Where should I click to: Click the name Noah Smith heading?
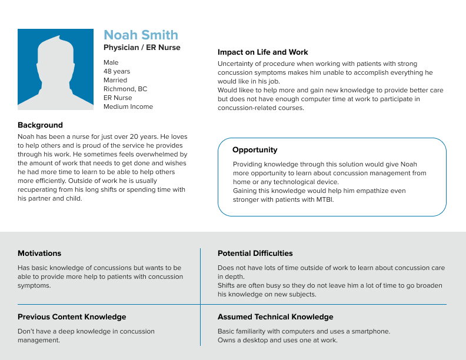(x=141, y=35)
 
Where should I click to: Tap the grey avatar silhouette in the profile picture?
(x=55, y=74)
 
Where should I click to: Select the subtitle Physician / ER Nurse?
(x=142, y=48)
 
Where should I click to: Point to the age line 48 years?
(x=117, y=71)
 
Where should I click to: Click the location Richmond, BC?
(x=125, y=89)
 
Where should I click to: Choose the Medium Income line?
(x=128, y=106)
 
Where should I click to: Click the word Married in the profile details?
(x=115, y=80)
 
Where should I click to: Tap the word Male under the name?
(x=111, y=62)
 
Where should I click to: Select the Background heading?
(x=40, y=125)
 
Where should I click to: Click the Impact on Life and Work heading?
(x=262, y=52)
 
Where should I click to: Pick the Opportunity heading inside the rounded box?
(x=255, y=150)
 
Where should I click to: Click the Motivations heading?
(x=39, y=254)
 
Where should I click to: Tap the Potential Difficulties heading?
(x=255, y=254)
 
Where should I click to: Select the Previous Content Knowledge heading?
(x=72, y=317)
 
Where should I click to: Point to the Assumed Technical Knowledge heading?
(x=275, y=317)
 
